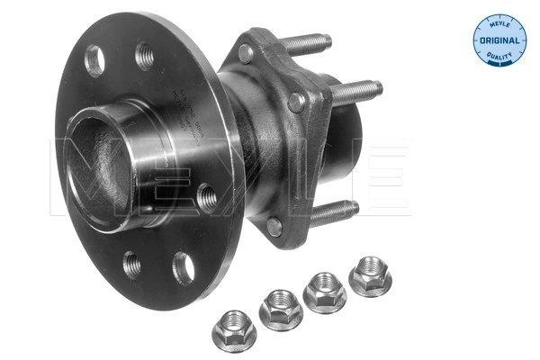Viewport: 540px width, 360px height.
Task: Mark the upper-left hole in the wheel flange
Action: [x=93, y=60]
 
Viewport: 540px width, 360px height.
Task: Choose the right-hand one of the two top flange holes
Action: [x=144, y=56]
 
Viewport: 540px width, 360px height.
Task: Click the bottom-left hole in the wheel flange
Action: [x=132, y=265]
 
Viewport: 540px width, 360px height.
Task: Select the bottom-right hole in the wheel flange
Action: [x=184, y=268]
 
